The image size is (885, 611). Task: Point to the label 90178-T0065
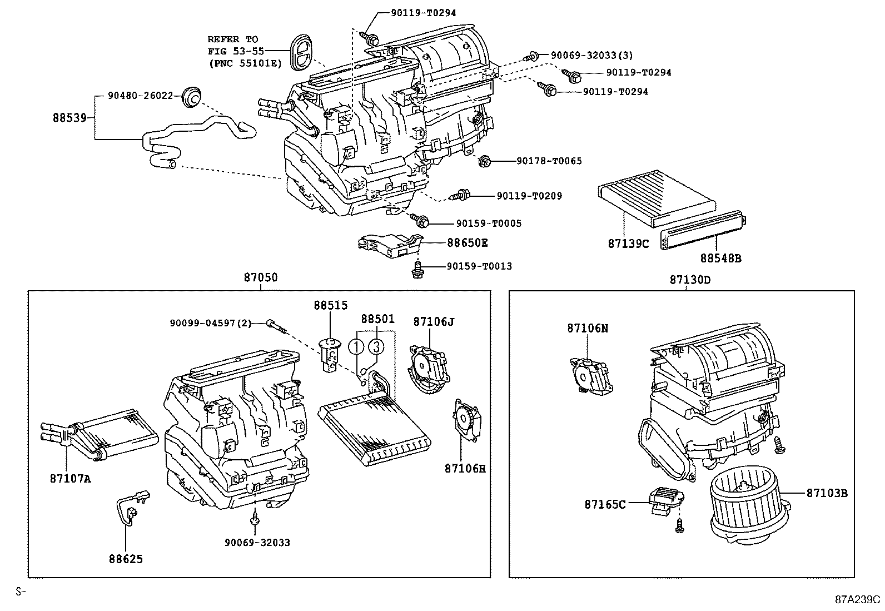click(x=549, y=161)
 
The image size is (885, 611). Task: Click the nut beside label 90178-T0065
click(x=484, y=161)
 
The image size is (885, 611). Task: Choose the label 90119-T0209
click(x=529, y=196)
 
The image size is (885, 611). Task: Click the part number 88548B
click(x=720, y=259)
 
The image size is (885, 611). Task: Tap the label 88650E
click(x=468, y=243)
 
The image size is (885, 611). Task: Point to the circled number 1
click(x=356, y=347)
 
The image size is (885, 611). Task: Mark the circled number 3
click(x=376, y=347)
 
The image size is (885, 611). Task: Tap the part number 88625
click(x=126, y=559)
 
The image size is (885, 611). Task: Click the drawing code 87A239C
click(x=857, y=600)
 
